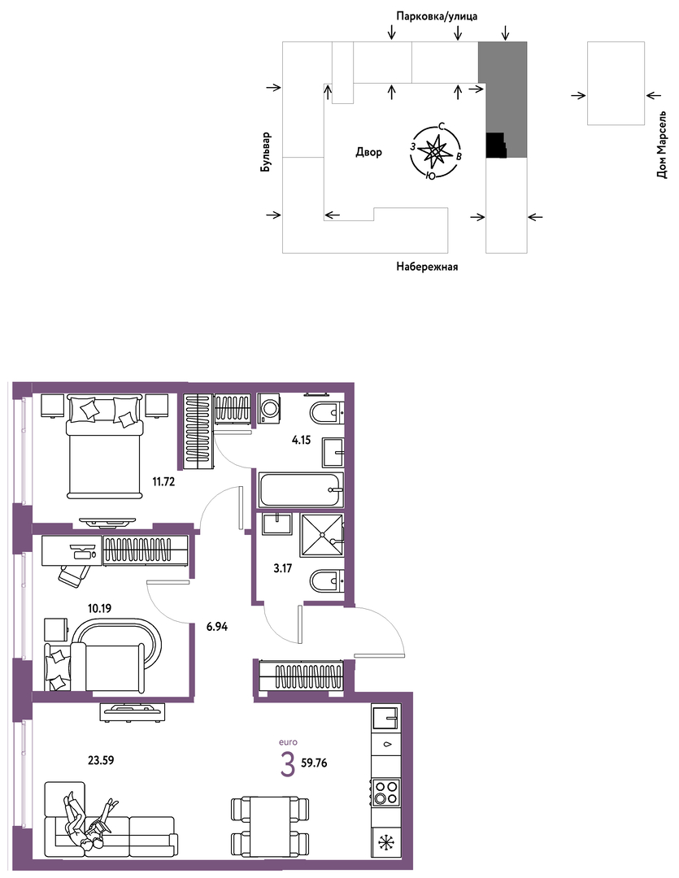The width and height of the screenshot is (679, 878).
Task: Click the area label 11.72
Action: point(163,481)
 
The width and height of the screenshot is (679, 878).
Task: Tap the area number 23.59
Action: point(101,760)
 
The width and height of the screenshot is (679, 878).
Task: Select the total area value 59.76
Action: point(314,763)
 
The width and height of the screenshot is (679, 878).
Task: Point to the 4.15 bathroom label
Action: point(301,440)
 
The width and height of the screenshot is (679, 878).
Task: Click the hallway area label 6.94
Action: point(217,627)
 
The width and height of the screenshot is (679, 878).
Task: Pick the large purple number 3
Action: point(287,765)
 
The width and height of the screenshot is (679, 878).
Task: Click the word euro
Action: point(288,742)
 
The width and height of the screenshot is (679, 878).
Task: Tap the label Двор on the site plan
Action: point(368,152)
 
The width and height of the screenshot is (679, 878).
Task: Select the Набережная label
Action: point(427,267)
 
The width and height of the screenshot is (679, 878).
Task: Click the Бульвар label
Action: point(266,152)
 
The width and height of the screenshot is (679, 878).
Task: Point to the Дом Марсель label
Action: point(662,145)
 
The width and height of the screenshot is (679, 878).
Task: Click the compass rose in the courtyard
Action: point(435,152)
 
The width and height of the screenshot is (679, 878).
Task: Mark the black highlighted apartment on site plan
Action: point(495,146)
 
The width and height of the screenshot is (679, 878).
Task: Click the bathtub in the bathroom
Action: point(300,489)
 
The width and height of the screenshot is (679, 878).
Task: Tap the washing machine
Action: point(270,407)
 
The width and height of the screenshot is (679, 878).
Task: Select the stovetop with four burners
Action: point(386,792)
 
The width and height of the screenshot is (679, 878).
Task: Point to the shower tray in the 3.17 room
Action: point(321,535)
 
